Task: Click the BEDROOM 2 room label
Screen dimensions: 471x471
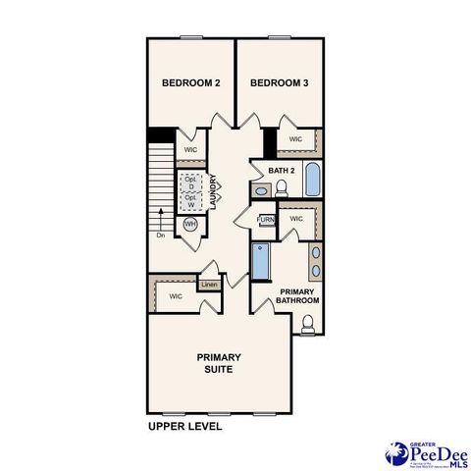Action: (x=191, y=83)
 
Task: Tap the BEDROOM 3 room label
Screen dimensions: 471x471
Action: (x=280, y=83)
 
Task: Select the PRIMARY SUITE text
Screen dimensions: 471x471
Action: (x=219, y=363)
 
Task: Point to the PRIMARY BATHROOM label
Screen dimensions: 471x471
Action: (x=300, y=296)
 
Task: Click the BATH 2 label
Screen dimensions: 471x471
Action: (x=282, y=171)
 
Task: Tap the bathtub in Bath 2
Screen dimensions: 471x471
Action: (x=312, y=181)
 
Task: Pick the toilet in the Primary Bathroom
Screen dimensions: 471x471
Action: (x=307, y=325)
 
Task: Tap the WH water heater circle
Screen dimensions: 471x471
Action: (x=190, y=224)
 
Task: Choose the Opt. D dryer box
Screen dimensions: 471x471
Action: (x=190, y=183)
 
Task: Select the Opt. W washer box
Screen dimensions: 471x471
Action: (x=190, y=200)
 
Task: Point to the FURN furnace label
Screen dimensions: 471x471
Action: (x=265, y=220)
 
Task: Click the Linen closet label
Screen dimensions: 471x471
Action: (x=209, y=286)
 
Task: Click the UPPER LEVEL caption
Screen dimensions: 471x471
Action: (x=185, y=427)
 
